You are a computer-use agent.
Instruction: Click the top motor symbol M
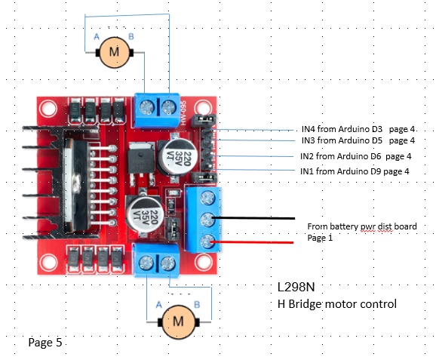coord(115,52)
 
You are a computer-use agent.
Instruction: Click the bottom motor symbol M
coord(178,322)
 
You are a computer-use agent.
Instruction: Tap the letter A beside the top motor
coord(97,36)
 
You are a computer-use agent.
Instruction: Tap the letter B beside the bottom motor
coord(197,304)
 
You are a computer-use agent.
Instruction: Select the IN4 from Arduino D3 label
coord(358,129)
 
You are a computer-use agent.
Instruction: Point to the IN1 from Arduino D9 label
coord(355,171)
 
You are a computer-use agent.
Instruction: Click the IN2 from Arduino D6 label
coord(355,156)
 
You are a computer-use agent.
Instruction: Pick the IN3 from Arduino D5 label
coord(358,140)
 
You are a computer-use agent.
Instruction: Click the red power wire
coord(252,242)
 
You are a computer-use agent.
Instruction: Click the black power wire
coord(253,218)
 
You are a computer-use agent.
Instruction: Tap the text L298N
coord(296,287)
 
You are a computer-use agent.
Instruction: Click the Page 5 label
coord(45,343)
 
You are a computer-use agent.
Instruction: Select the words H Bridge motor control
coord(337,304)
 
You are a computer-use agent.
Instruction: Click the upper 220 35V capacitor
coord(177,158)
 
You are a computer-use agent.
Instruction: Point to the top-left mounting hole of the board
coord(48,109)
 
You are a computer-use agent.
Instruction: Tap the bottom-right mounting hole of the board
coord(203,262)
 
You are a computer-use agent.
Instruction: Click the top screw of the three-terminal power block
coord(207,198)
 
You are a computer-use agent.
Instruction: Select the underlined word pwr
coord(367,227)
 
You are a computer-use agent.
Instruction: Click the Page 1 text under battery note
coord(320,238)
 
